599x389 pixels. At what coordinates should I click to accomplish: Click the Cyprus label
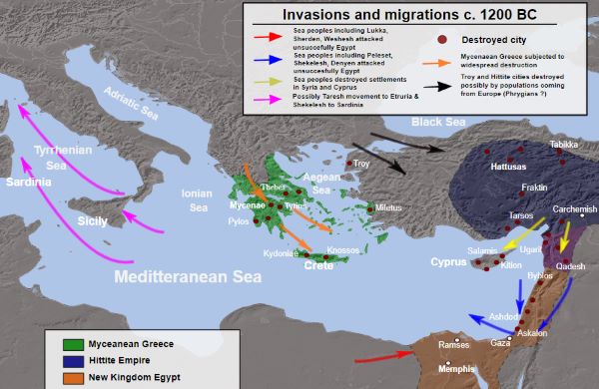click(x=449, y=263)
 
